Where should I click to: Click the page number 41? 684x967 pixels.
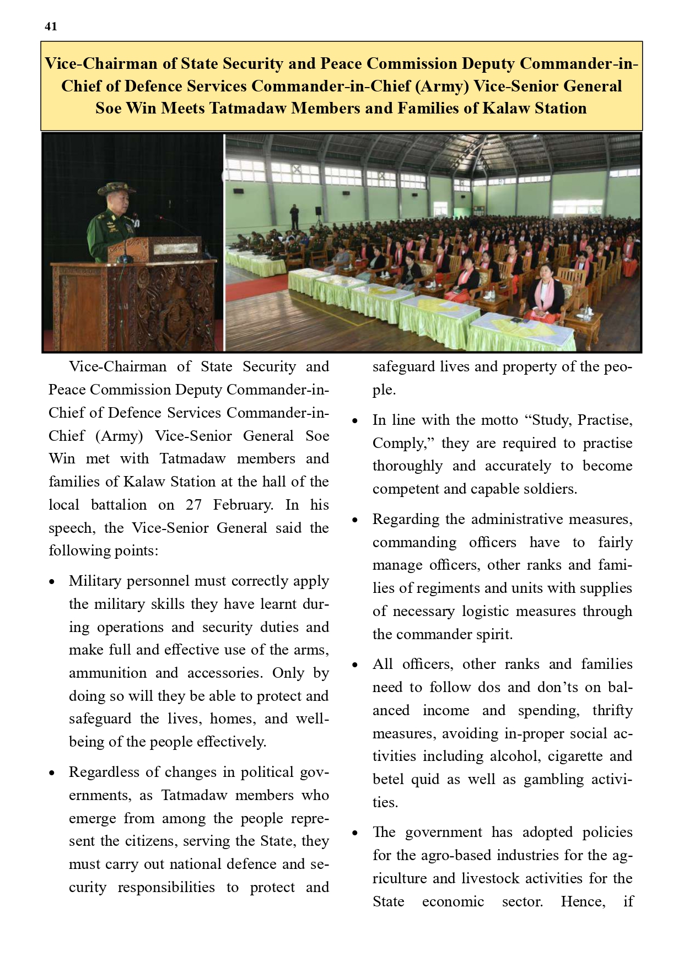point(51,26)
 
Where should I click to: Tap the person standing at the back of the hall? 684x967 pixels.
point(294,216)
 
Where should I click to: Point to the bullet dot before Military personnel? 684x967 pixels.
point(52,582)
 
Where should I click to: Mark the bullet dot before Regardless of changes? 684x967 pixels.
point(52,773)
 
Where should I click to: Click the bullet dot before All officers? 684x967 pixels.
point(356,665)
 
